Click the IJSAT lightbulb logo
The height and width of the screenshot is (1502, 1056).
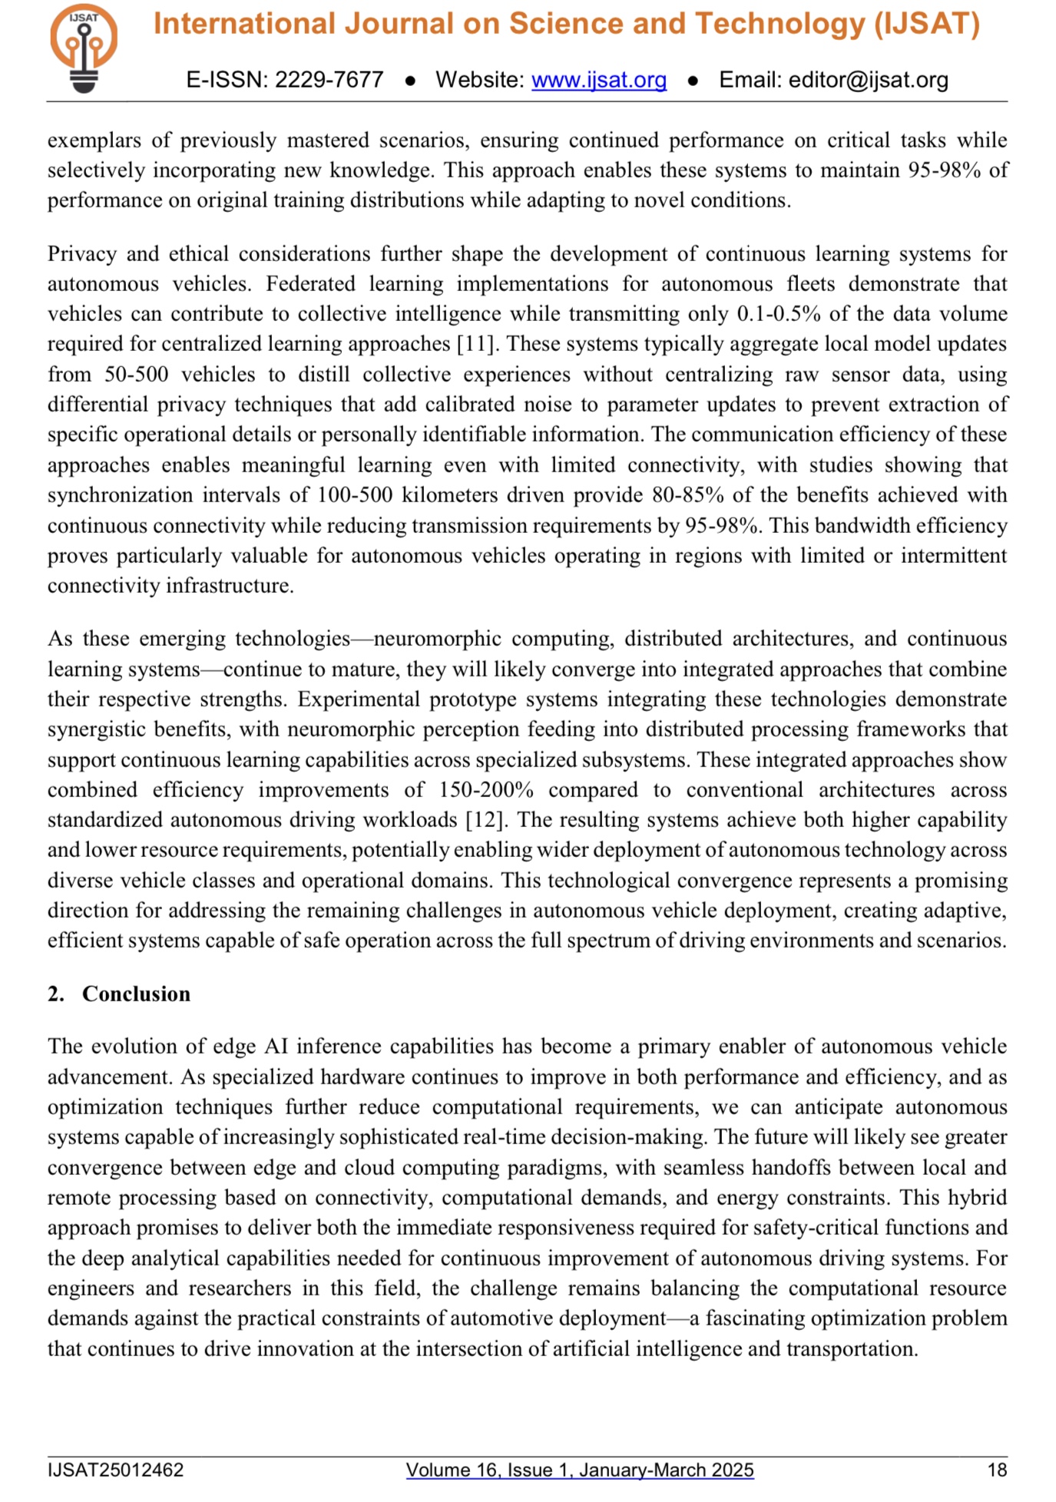(84, 48)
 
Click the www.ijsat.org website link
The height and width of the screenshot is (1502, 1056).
(598, 80)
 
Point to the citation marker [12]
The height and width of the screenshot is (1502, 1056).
(485, 820)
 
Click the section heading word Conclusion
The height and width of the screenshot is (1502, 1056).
(136, 994)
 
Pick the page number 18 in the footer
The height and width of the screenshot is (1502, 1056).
(996, 1470)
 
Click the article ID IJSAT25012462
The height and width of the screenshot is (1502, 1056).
(115, 1470)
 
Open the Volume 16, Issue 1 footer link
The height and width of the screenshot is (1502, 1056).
(579, 1470)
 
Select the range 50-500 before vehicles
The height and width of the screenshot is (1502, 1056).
(131, 375)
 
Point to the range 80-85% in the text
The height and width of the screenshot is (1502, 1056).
(687, 495)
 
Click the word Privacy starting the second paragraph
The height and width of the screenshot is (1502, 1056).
(81, 254)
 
